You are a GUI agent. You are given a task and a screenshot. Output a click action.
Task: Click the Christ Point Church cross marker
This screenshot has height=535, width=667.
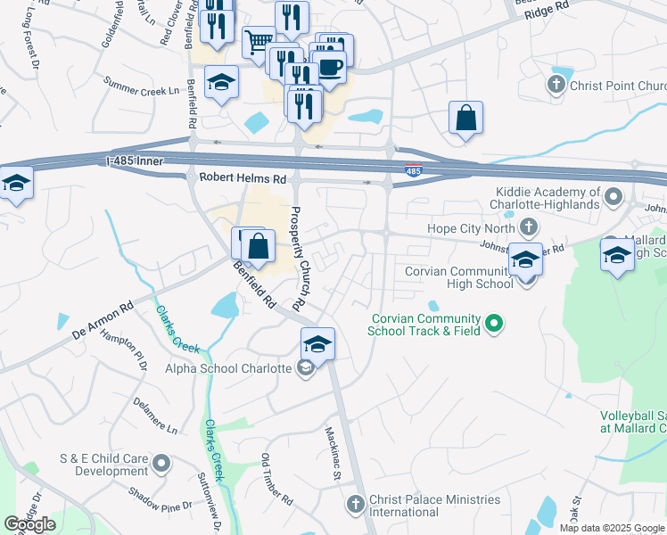556,86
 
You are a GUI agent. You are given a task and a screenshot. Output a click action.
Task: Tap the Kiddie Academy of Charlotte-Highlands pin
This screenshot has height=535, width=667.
613,195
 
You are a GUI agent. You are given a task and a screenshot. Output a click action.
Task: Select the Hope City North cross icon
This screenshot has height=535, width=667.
531,227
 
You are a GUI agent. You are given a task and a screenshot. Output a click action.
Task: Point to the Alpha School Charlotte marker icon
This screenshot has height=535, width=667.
305,368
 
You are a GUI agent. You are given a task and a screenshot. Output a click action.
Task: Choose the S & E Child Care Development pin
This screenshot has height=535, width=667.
161,464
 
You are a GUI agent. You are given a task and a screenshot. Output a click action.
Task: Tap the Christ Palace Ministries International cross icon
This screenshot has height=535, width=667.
355,505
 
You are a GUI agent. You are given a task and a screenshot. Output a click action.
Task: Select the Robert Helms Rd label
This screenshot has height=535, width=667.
243,178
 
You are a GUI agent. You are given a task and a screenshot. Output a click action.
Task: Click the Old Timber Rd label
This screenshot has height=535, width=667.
273,476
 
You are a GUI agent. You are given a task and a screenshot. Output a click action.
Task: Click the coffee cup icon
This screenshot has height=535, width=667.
330,66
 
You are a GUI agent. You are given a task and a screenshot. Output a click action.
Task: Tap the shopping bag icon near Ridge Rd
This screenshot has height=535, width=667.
465,117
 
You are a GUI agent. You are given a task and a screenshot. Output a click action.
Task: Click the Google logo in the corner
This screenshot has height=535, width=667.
30,524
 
